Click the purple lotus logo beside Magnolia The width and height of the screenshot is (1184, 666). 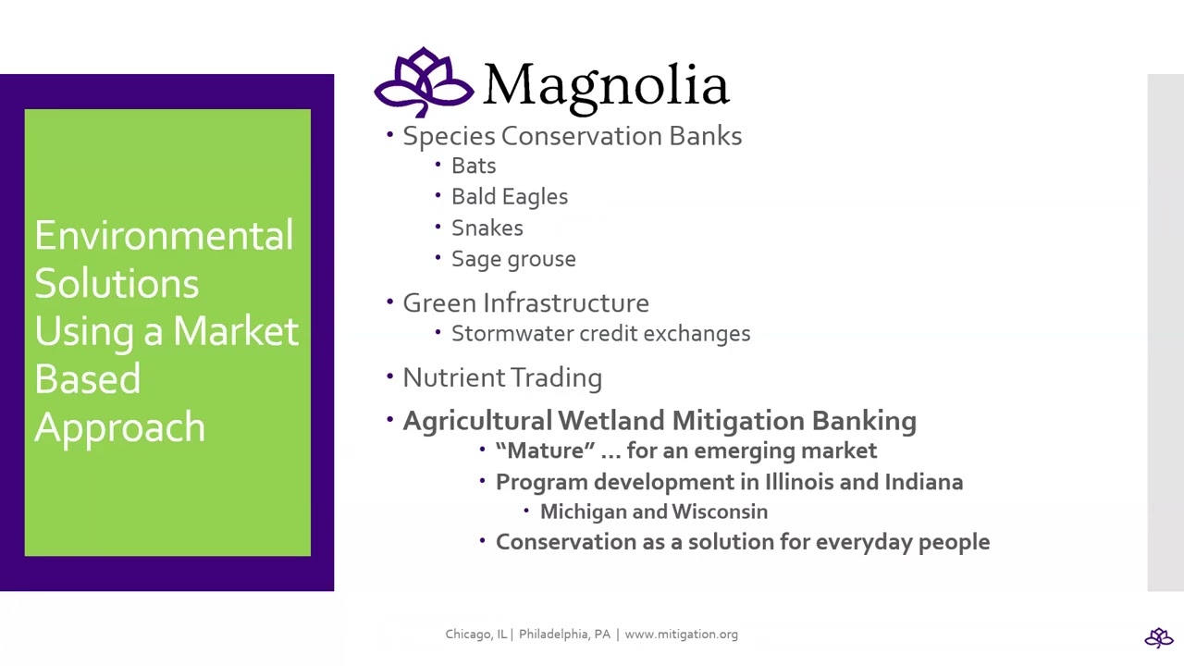coord(424,82)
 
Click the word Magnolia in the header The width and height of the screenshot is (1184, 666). coord(606,85)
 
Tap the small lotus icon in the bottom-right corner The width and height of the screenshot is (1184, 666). coord(1158,637)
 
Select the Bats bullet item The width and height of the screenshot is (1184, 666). coord(473,166)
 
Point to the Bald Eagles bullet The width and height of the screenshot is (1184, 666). coord(509,197)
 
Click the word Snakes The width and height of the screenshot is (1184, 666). coord(487,228)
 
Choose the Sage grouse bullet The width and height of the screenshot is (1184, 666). coord(512,259)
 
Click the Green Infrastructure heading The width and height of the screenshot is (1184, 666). coord(525,303)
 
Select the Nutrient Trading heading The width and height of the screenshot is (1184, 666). coord(501,378)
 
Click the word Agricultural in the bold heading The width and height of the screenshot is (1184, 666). coord(476,421)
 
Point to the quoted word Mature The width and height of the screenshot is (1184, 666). coord(546,451)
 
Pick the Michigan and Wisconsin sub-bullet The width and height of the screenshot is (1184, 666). coord(653,512)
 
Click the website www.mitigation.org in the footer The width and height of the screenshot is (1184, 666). coord(681,635)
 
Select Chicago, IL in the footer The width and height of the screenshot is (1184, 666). coord(475,635)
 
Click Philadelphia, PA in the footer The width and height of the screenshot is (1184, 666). coord(564,635)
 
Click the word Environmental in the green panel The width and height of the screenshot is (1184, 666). coord(164,236)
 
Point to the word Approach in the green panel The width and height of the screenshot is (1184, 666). coord(119,427)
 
